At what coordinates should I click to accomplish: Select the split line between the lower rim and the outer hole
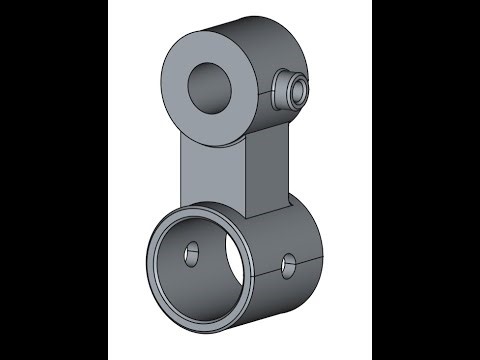(262, 271)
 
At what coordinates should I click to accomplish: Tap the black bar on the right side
(426, 180)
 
